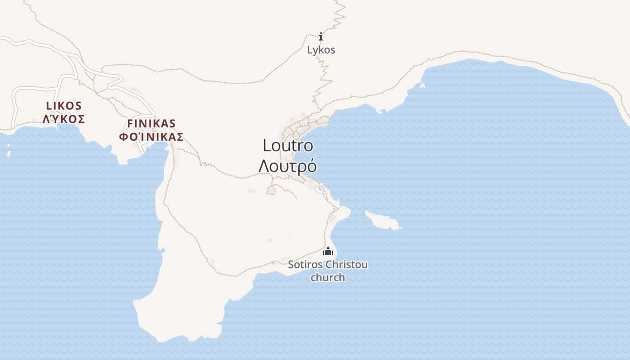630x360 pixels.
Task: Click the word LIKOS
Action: (64, 106)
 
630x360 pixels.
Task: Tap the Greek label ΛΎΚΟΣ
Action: (64, 119)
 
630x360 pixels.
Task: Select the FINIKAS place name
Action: (151, 123)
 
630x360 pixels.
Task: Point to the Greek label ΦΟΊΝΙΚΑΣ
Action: (151, 137)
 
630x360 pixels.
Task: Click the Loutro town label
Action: (288, 145)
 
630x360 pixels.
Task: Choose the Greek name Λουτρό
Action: (288, 166)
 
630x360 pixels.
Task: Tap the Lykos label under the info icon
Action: (321, 50)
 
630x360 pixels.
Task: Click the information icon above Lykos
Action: (321, 36)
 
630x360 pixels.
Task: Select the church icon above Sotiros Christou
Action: (328, 251)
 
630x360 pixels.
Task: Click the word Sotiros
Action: (305, 265)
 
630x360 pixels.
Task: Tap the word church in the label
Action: (328, 277)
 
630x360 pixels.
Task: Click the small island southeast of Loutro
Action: (383, 220)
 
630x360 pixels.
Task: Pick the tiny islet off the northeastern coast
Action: (422, 85)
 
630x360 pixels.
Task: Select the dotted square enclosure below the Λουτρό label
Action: (271, 191)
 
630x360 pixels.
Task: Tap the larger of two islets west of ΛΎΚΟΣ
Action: (9, 153)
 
